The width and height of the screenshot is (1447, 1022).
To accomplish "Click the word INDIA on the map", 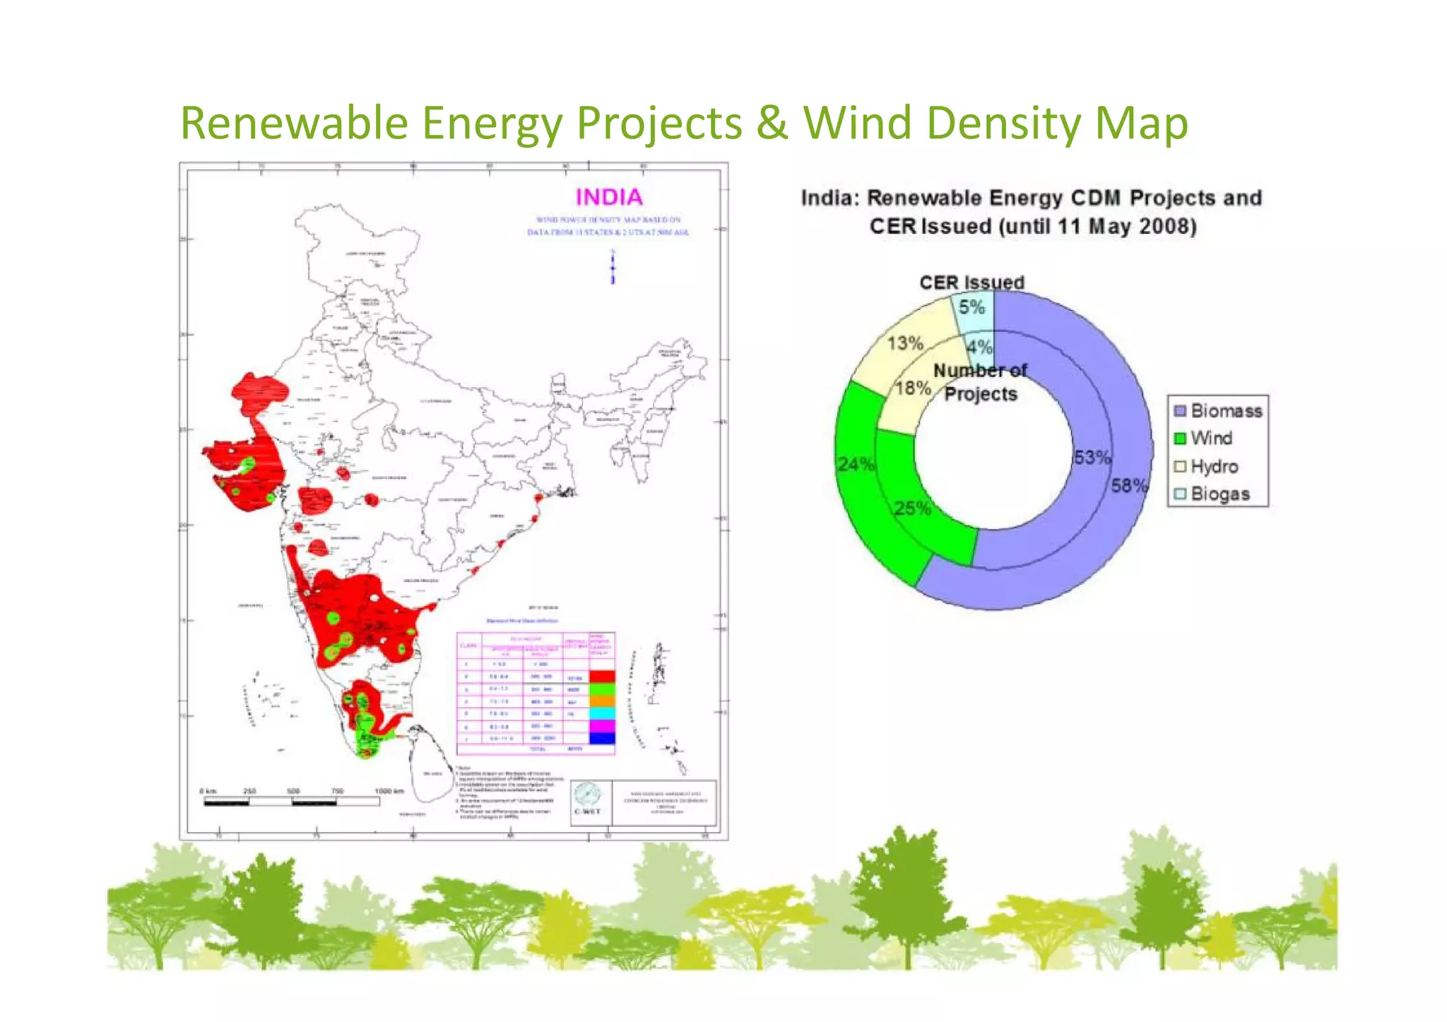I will point(608,197).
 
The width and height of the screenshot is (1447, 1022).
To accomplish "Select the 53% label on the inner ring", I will point(1092,458).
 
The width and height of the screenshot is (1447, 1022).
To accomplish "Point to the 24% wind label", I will point(856,464).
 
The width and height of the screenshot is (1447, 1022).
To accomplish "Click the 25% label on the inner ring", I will point(911,509).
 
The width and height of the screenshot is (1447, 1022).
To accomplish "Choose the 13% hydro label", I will point(905,343).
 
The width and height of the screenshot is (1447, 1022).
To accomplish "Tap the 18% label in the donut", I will point(912,388).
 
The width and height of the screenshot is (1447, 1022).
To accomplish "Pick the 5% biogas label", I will point(971,307).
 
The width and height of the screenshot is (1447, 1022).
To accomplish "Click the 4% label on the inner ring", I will point(979,347).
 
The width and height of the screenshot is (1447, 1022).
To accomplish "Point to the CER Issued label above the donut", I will point(971,283).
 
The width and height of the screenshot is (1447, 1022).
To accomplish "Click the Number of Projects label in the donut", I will point(981,382).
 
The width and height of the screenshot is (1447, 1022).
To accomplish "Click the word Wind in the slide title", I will point(858,123).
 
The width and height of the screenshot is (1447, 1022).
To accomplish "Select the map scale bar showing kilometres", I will point(292,802).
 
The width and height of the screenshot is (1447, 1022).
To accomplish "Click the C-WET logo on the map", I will point(587,800).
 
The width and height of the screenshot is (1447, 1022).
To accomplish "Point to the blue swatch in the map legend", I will point(602,738).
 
